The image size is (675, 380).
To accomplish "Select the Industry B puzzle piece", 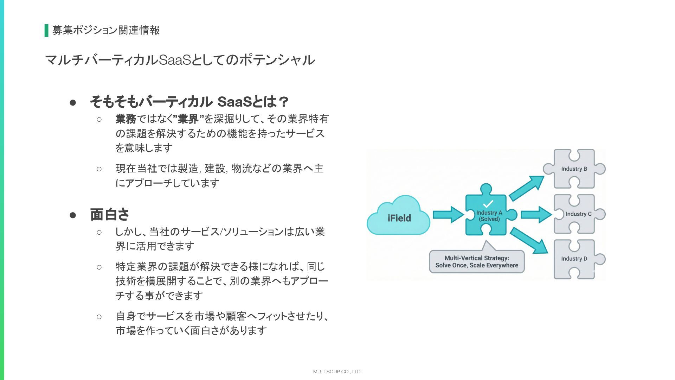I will [x=574, y=169].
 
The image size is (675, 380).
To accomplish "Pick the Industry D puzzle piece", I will [x=574, y=259].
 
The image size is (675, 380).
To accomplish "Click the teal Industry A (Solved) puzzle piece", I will [x=489, y=216].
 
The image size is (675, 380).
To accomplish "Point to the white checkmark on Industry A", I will [x=488, y=204].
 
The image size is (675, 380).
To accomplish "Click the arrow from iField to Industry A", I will [x=448, y=215].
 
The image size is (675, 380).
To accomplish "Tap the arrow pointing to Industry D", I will [x=529, y=240].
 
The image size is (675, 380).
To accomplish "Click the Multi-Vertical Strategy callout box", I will [x=477, y=262].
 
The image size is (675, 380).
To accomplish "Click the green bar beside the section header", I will [x=46, y=31].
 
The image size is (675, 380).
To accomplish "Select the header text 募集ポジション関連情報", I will [x=106, y=30].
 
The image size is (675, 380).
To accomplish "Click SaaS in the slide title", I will [x=175, y=60].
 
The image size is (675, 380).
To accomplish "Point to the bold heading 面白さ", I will [x=110, y=214].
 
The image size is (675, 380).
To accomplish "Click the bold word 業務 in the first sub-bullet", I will [x=126, y=119].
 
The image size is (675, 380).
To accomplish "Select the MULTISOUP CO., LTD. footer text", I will [x=337, y=372].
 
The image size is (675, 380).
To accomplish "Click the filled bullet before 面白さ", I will [x=73, y=215].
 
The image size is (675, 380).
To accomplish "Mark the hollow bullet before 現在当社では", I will [x=99, y=169].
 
